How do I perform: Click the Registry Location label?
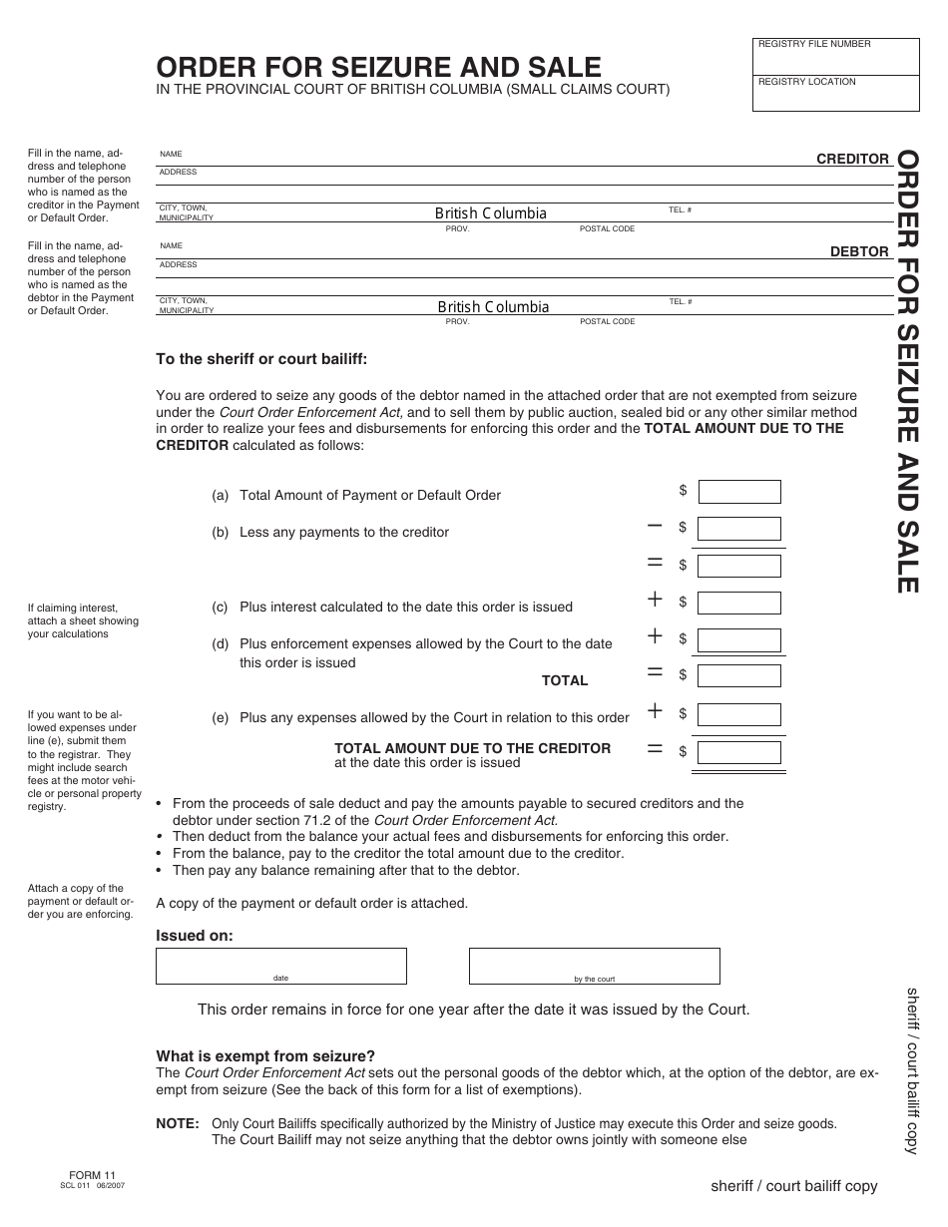click(807, 82)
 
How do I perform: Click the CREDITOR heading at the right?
click(852, 159)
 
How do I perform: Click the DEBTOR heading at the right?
click(859, 252)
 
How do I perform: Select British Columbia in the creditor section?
click(490, 213)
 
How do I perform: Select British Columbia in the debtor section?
click(493, 307)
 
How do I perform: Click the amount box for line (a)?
click(738, 492)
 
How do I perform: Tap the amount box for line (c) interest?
click(738, 603)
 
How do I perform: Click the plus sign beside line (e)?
click(655, 710)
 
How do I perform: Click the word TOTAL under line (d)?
click(565, 680)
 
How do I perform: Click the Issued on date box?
click(280, 966)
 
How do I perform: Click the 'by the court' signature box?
click(594, 966)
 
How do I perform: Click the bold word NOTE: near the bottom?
click(178, 1123)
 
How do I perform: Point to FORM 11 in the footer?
click(91, 1176)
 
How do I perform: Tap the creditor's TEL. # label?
click(680, 210)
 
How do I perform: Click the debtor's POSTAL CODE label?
click(607, 322)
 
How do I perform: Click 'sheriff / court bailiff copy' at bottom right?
click(793, 1186)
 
